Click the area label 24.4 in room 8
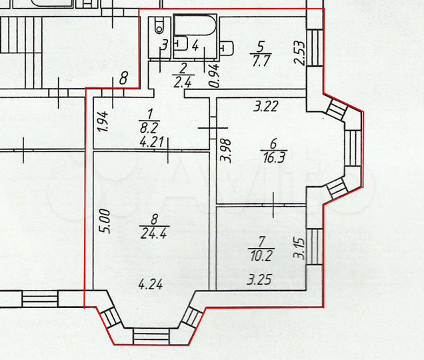(150, 233)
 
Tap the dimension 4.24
(150, 284)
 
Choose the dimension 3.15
(300, 248)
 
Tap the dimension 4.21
(151, 141)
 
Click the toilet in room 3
(159, 27)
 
